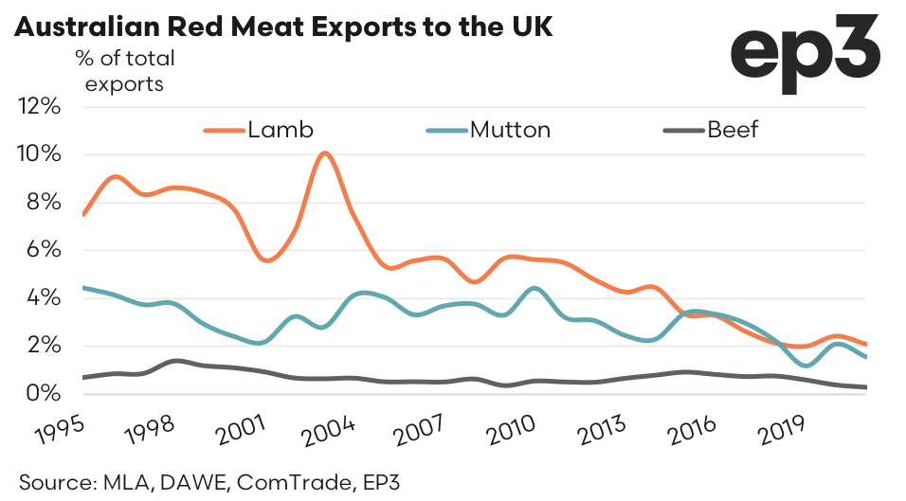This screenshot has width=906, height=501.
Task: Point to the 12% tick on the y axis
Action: point(40,106)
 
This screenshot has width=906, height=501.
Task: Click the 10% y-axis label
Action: point(40,154)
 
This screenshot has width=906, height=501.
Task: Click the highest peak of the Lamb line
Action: point(324,152)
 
